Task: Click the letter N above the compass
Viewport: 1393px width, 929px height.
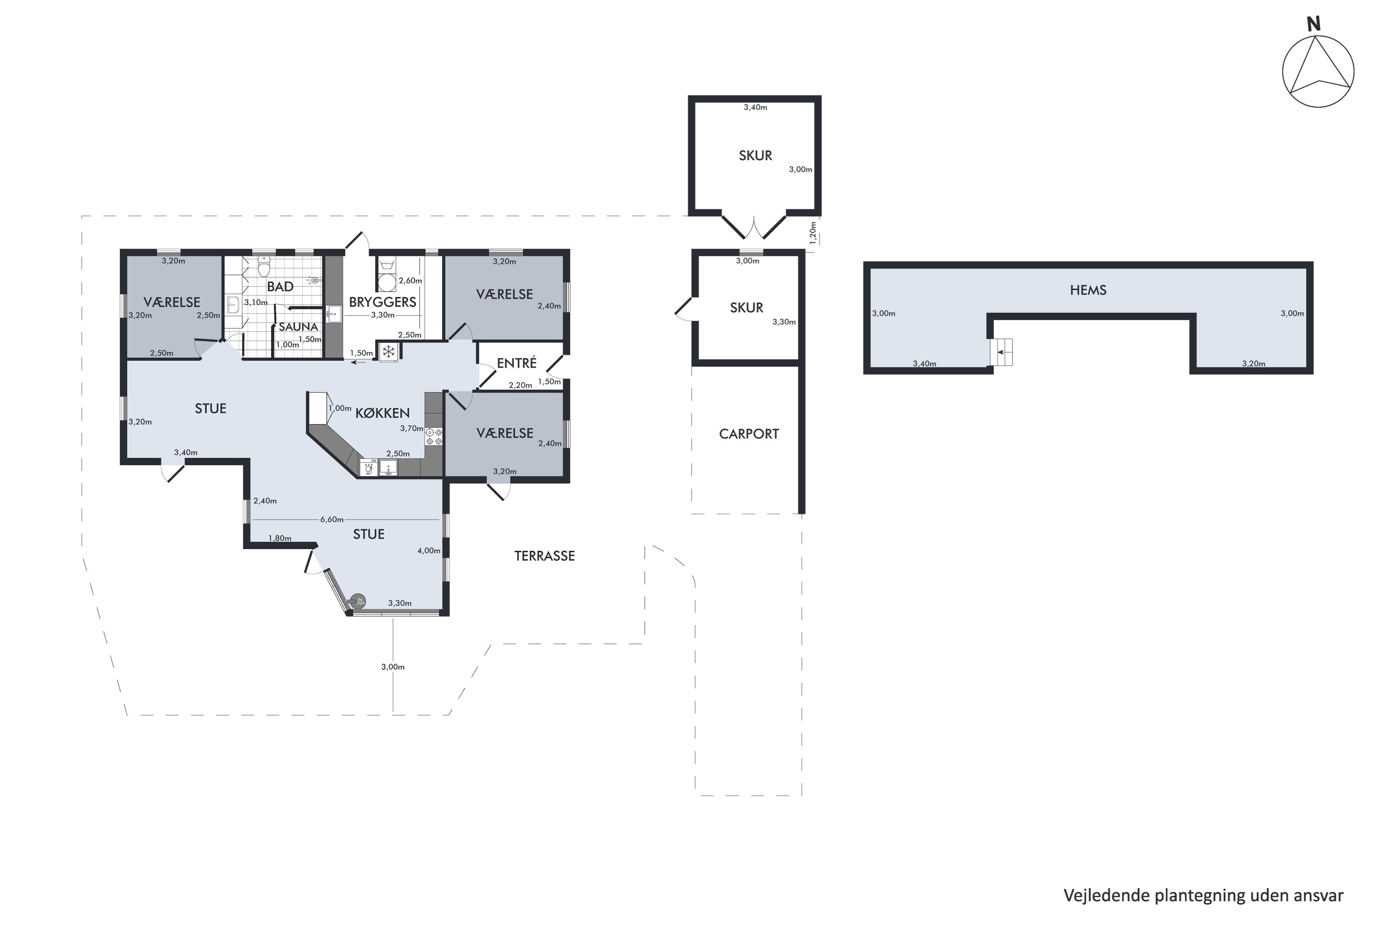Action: tap(1314, 24)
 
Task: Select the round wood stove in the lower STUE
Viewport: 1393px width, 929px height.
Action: tap(358, 602)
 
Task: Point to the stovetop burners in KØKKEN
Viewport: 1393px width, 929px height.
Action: tap(434, 437)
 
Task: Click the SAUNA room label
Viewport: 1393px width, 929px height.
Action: tap(298, 327)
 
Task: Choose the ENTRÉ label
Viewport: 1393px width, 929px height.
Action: tap(516, 362)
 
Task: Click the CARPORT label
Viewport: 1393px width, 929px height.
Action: tap(749, 434)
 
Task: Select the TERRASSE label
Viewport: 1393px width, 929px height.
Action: tap(544, 556)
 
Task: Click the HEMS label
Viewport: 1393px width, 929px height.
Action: tap(1088, 290)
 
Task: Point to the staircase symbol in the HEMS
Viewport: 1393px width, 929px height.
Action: tap(1002, 352)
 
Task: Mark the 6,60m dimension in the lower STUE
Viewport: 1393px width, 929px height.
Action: tap(332, 520)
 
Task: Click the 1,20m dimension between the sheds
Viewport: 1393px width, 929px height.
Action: tap(813, 233)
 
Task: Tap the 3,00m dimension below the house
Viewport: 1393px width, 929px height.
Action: tap(392, 666)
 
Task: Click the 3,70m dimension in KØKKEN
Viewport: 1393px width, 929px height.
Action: tap(411, 428)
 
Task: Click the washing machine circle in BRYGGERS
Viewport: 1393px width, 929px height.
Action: tap(387, 283)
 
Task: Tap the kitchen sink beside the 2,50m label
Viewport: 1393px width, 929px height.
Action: tap(388, 468)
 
